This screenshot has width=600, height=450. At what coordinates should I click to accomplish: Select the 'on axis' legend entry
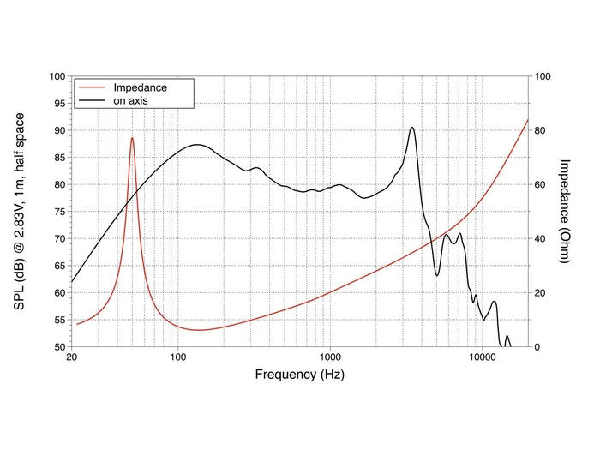pyautogui.click(x=133, y=100)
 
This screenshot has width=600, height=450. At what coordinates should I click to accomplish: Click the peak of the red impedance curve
pyautogui.click(x=132, y=138)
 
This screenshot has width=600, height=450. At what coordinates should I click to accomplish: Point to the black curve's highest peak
pyautogui.click(x=412, y=128)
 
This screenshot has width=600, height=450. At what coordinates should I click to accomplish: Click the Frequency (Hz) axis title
pyautogui.click(x=300, y=375)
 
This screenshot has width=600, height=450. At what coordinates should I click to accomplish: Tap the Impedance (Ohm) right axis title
pyautogui.click(x=564, y=211)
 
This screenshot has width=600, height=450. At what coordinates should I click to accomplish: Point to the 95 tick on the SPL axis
pyautogui.click(x=58, y=104)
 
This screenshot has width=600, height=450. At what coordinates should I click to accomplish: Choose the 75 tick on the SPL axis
pyautogui.click(x=58, y=212)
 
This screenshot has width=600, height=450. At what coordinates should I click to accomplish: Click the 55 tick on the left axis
pyautogui.click(x=58, y=320)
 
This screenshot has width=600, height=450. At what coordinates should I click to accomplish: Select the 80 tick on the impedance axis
pyautogui.click(x=540, y=130)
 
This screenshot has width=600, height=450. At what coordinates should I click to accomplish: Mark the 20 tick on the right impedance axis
pyautogui.click(x=540, y=293)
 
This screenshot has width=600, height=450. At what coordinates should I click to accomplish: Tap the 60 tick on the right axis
pyautogui.click(x=540, y=184)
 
